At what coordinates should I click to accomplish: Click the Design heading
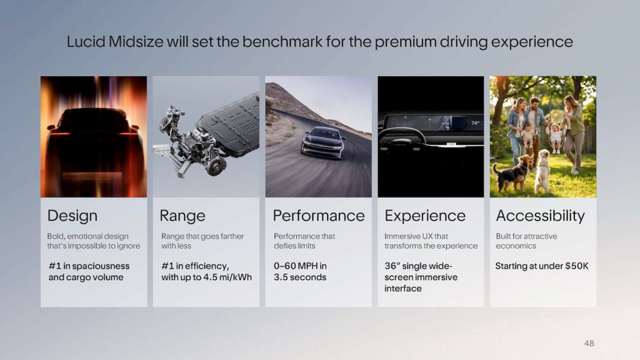72,216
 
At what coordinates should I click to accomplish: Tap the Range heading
182,216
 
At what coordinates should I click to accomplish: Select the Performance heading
319,216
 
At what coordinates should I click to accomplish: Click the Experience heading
425,216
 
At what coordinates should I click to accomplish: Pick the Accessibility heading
541,216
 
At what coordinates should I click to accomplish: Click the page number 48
589,343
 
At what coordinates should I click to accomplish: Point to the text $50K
576,266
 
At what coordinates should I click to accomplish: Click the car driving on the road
322,142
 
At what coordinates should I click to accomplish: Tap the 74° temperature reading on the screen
475,123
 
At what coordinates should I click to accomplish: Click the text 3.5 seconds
300,277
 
